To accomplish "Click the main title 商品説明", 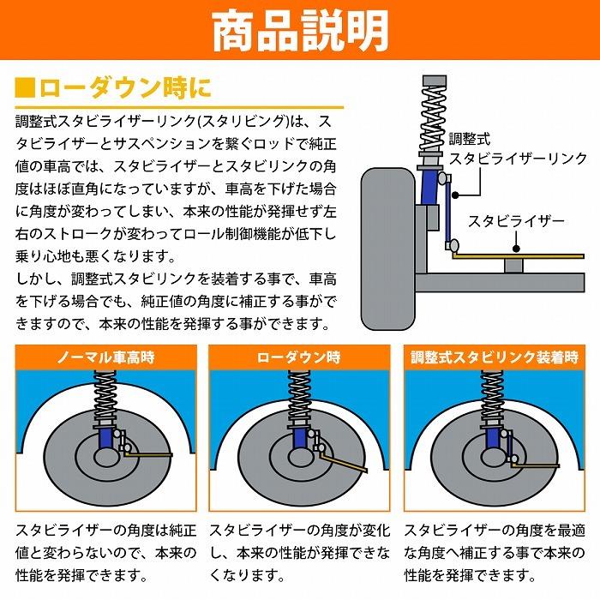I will [x=299, y=31].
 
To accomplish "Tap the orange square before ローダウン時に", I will [x=26, y=87].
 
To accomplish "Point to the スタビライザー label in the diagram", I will [x=516, y=221].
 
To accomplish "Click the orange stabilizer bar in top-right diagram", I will [x=514, y=255].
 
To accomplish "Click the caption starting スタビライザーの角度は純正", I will [x=106, y=552].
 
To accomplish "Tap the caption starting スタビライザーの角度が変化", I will [x=299, y=552].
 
